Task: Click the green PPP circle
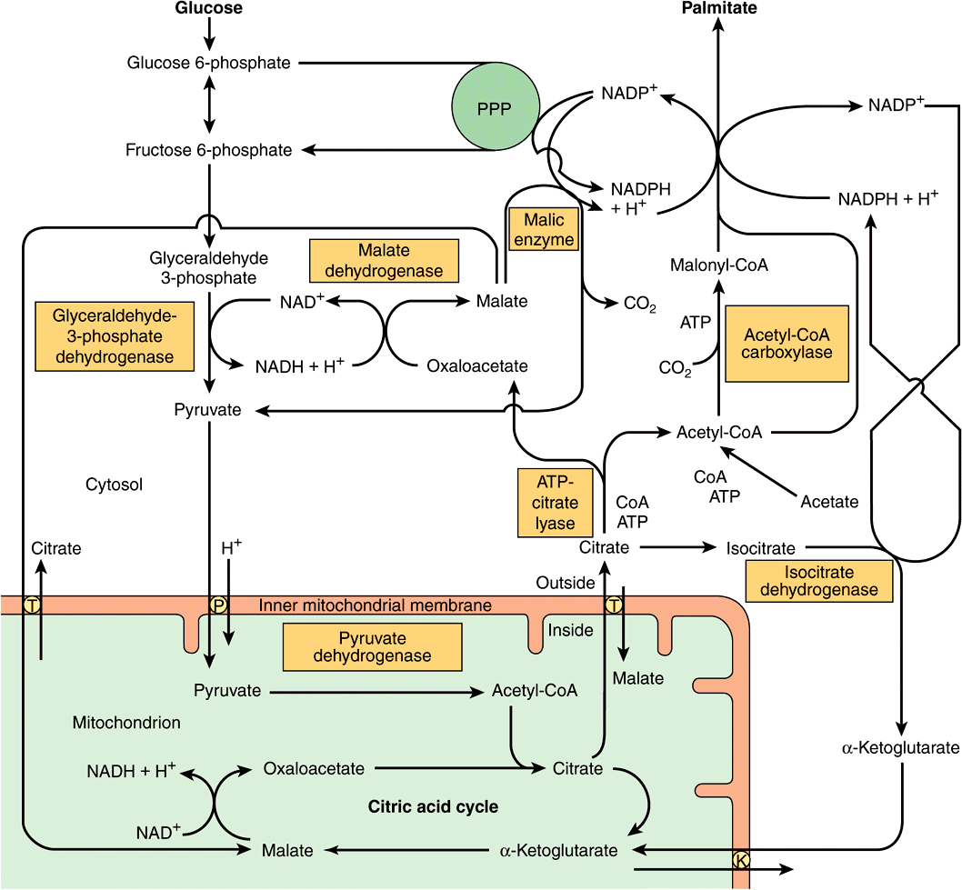point(495,109)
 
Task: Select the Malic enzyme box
point(543,230)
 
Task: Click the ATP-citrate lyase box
point(555,501)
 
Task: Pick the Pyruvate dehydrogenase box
point(371,646)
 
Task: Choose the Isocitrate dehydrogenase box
point(818,581)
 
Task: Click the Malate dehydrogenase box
point(383,261)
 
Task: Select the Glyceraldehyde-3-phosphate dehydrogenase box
point(115,336)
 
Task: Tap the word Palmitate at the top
point(718,8)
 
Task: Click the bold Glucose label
point(209,8)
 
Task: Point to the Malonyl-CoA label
point(718,265)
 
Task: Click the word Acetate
point(829,501)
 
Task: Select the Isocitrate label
point(760,548)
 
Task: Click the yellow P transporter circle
point(217,605)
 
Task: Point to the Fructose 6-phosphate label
point(209,150)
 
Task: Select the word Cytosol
point(114,485)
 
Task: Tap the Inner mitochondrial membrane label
point(375,605)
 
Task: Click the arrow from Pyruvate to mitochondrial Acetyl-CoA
point(373,692)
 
